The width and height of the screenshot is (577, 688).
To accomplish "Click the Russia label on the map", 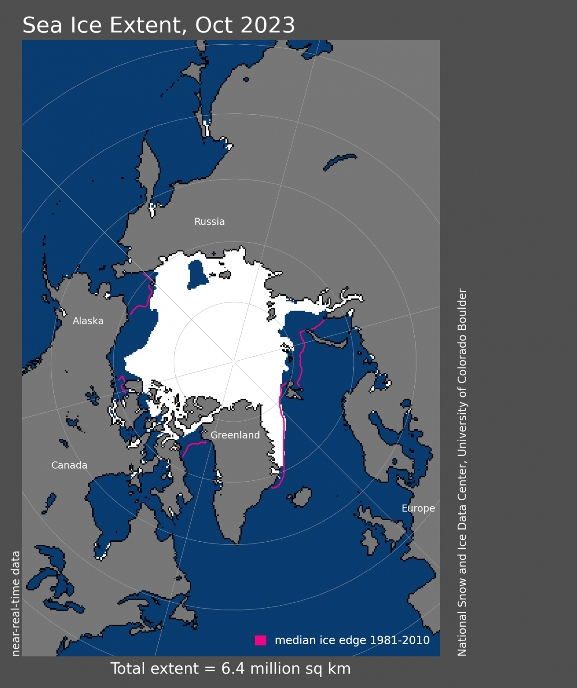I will pos(209,222).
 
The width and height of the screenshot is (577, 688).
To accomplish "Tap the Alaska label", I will pos(88,321).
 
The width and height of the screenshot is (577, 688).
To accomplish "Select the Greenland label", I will pos(235,435).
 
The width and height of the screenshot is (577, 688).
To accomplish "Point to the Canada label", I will pos(69,465).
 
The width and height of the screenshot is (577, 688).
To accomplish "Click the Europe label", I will pos(418,508).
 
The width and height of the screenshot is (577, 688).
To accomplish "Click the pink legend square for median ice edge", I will pos(261,640).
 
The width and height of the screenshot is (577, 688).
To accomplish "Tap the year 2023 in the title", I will pos(268,25).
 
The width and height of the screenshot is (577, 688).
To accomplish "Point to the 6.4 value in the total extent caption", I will pos(233,669).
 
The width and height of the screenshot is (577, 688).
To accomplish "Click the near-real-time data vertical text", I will pos(16,603).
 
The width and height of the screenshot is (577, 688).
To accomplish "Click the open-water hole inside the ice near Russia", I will pos(197,274).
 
